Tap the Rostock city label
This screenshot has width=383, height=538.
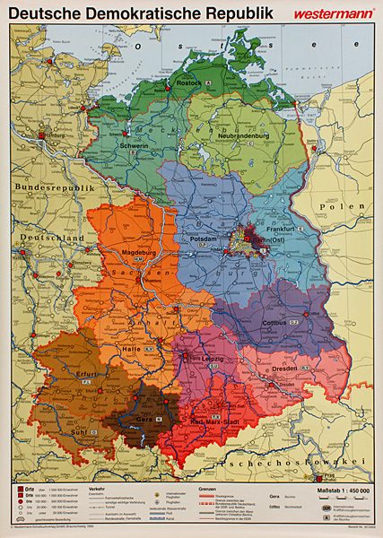coord(189,82)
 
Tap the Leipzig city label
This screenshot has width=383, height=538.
coord(213,359)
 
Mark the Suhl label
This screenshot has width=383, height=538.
coord(79,431)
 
